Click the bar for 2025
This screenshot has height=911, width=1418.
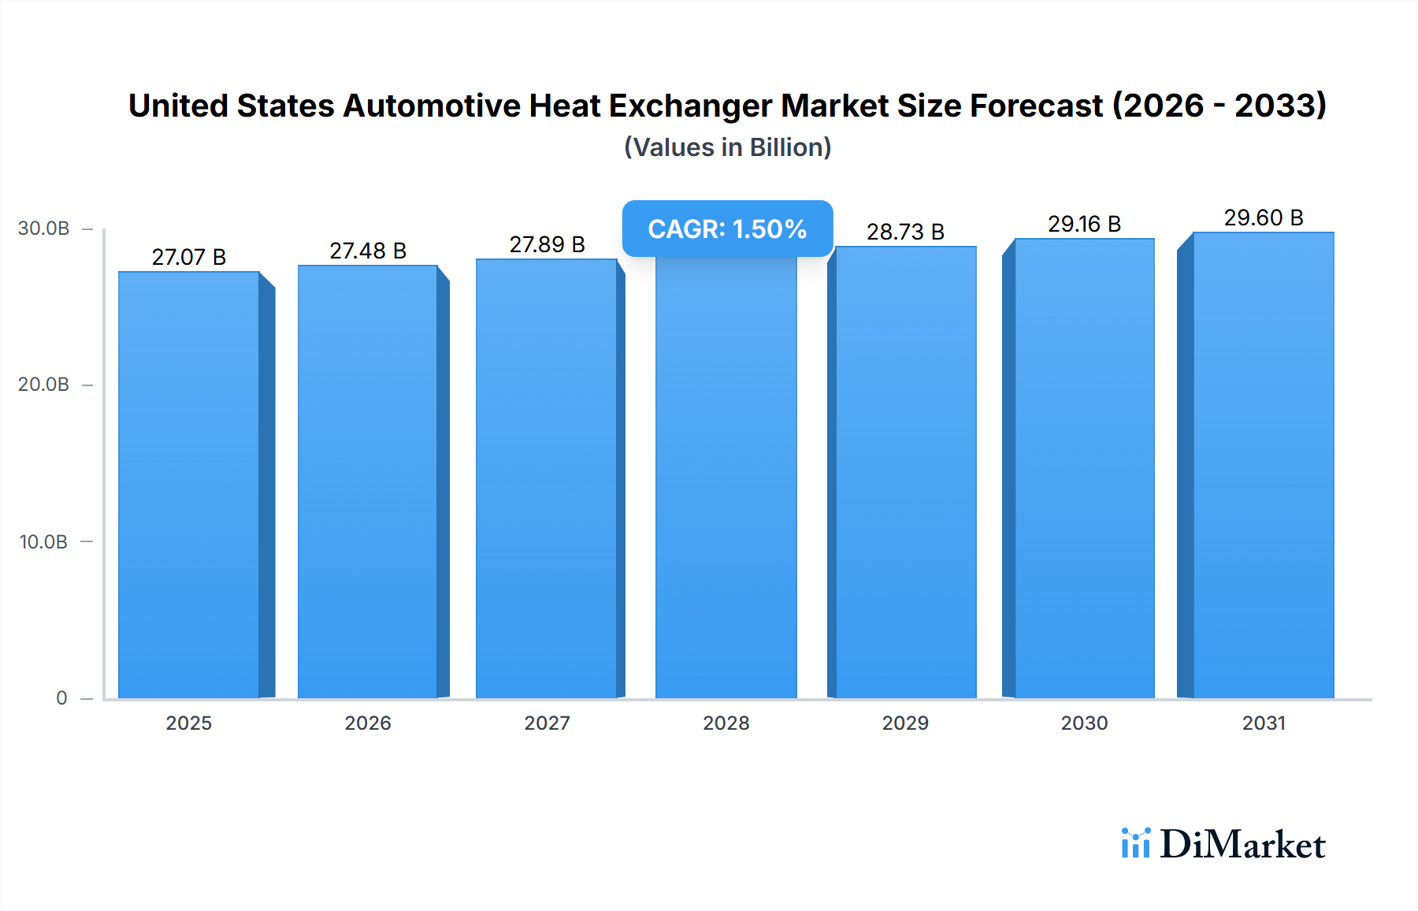tap(189, 485)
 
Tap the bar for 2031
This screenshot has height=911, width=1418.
tap(1263, 465)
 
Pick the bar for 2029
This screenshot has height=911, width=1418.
tap(906, 473)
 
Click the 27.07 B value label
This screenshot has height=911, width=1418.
tap(189, 257)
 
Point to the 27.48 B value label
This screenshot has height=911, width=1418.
tap(368, 251)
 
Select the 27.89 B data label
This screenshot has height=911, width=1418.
tap(547, 244)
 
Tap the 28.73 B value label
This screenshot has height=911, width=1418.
tap(905, 232)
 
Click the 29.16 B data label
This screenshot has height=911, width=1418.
tap(1084, 224)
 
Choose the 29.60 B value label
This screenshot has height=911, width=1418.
tap(1264, 218)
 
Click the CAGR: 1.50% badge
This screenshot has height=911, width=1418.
tap(727, 229)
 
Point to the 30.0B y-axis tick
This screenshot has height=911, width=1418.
tap(44, 229)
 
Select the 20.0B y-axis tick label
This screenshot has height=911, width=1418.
tap(44, 385)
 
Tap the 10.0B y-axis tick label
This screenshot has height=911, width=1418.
tap(44, 541)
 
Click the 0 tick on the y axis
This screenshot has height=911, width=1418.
tap(61, 697)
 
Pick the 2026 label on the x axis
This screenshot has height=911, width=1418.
tap(368, 723)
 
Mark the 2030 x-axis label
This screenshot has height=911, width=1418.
tap(1084, 723)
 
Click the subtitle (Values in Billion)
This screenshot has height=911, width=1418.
tap(727, 147)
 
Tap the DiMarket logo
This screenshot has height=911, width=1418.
tap(1223, 844)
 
